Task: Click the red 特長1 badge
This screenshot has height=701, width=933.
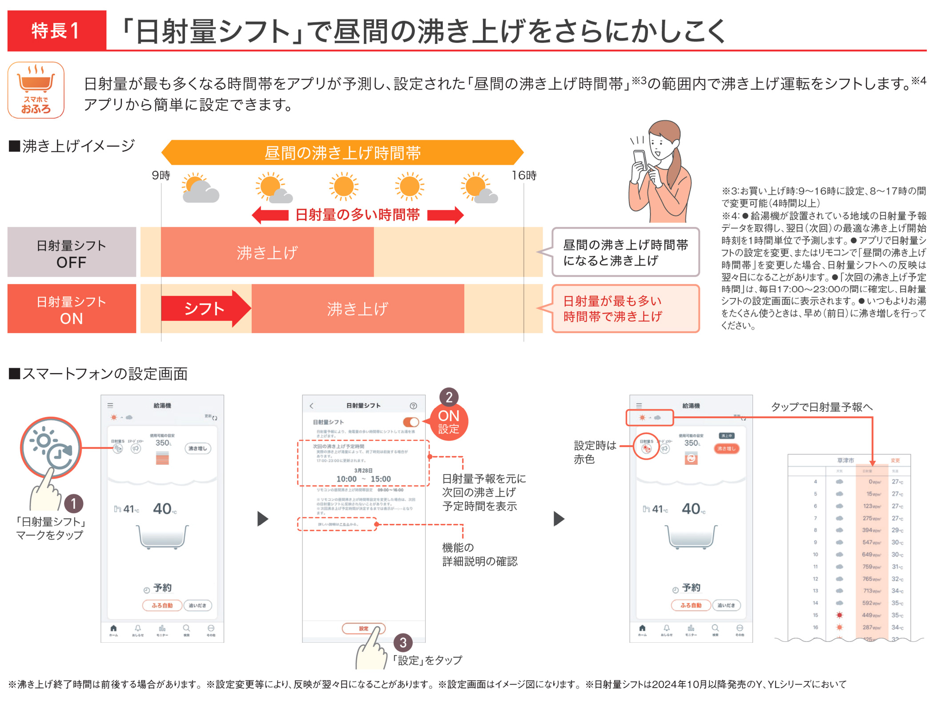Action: [x=56, y=31]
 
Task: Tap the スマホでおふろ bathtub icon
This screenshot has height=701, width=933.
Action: [x=36, y=90]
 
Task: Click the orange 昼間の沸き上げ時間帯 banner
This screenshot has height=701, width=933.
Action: [x=342, y=153]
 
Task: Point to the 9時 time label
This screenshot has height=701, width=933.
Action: [x=161, y=175]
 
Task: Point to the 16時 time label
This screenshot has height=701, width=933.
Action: [x=524, y=175]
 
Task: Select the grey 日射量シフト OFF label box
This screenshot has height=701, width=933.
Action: [x=72, y=253]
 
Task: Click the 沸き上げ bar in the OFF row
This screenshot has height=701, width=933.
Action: [x=267, y=252]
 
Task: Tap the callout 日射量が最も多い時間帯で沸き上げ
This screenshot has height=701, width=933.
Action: [x=625, y=309]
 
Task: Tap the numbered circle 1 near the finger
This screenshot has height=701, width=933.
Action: [x=74, y=504]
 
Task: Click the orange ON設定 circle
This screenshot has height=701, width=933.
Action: [x=449, y=422]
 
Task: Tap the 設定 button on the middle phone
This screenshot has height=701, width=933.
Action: [x=363, y=628]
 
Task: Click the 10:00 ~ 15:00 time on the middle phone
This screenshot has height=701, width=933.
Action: [x=363, y=479]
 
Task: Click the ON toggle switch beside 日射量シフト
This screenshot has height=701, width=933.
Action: [x=410, y=422]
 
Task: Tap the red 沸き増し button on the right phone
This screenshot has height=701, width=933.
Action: [x=726, y=448]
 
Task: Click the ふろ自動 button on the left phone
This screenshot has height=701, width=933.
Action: [x=162, y=605]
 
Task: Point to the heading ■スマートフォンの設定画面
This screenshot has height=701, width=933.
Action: [x=98, y=374]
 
